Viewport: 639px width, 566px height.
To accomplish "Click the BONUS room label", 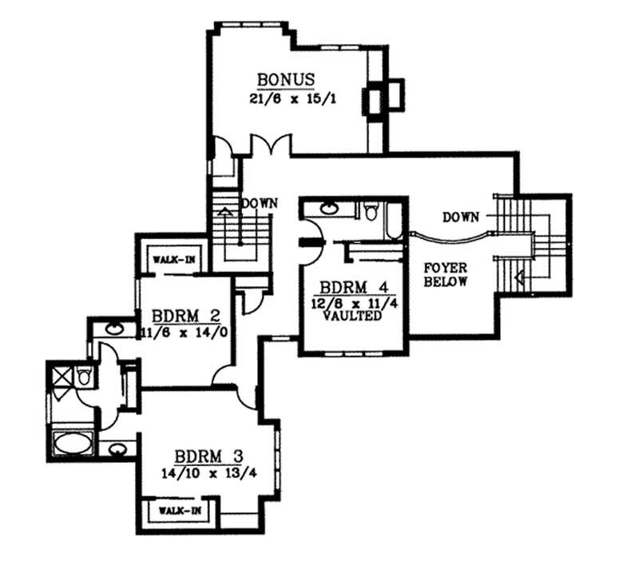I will point(286,81).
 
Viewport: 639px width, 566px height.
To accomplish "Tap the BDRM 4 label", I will point(347,288).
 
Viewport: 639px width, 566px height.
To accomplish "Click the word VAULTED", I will point(348,316).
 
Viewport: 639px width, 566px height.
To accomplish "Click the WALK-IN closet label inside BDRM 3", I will point(178,509).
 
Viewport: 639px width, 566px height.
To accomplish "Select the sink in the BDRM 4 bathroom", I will point(329,210).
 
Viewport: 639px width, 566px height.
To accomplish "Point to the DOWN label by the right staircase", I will point(461,217).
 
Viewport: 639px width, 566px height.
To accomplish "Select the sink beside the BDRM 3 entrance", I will point(116,448).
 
